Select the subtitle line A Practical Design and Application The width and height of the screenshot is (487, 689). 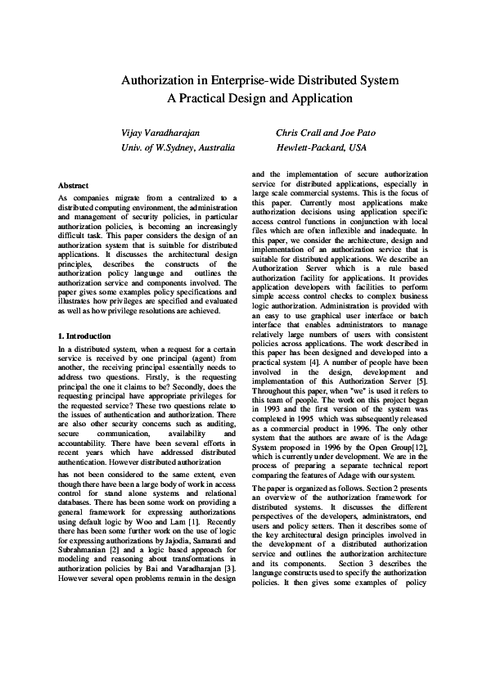coord(259,98)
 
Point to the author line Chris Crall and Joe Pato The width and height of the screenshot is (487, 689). coord(331,132)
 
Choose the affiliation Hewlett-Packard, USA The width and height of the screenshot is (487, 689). coord(321,147)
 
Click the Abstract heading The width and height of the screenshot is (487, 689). coord(74,186)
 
